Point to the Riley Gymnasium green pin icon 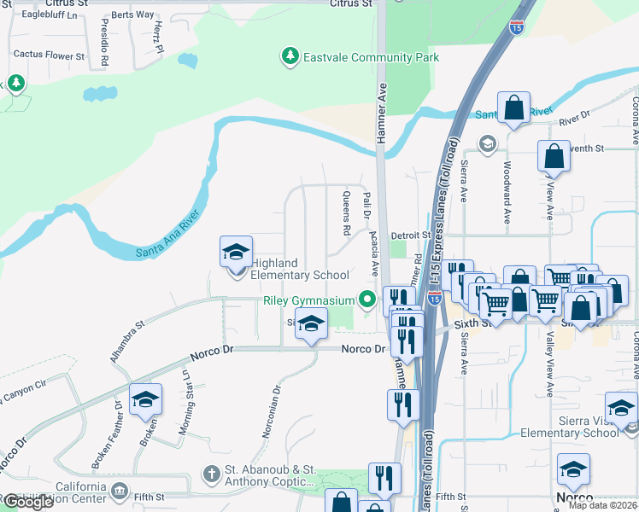(368, 300)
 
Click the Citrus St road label (352, 4)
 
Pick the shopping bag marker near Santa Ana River (513, 108)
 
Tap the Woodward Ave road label (507, 193)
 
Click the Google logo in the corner (28, 502)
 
